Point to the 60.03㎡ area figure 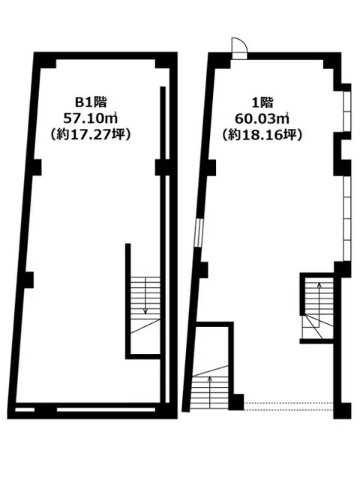[260, 119]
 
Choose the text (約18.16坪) [260, 135]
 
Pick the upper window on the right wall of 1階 [346, 113]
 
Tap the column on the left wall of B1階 [28, 280]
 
